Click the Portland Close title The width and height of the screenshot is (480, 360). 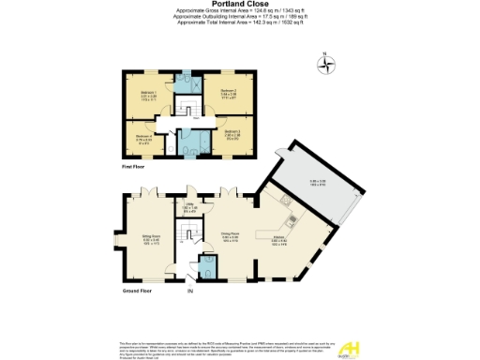240,4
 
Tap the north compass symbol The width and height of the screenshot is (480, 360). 327,66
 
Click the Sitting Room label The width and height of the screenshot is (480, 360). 151,239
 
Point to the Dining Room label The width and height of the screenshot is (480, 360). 230,236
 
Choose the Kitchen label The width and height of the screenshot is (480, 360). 278,240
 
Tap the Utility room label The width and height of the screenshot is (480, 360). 188,209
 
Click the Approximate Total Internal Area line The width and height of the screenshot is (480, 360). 240,22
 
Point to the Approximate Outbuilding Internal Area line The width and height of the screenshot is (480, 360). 240,16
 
